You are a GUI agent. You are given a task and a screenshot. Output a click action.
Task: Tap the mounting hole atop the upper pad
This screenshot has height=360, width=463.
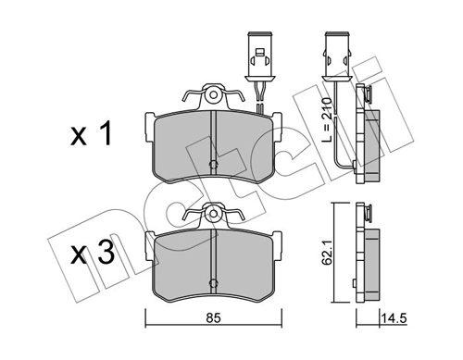tap(213, 94)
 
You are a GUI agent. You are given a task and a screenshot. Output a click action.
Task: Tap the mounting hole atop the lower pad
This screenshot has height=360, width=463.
tap(213, 212)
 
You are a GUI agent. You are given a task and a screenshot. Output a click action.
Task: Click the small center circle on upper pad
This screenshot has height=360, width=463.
tap(213, 167)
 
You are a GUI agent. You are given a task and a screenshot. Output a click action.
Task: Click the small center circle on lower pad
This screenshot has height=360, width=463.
tap(213, 281)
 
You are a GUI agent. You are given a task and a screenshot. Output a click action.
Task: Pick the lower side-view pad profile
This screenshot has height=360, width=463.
tap(370, 259)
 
